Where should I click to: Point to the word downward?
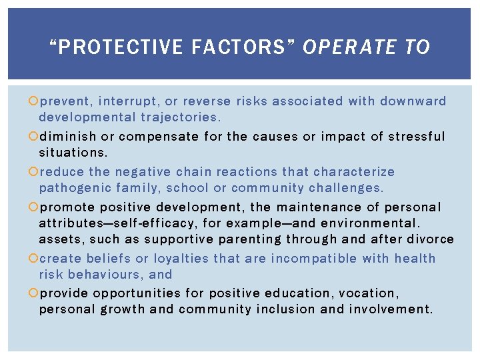click(x=413, y=101)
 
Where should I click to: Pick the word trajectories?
click(x=180, y=117)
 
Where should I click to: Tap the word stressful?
click(x=416, y=137)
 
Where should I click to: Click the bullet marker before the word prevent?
click(x=34, y=102)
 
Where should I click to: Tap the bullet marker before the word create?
click(x=34, y=259)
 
